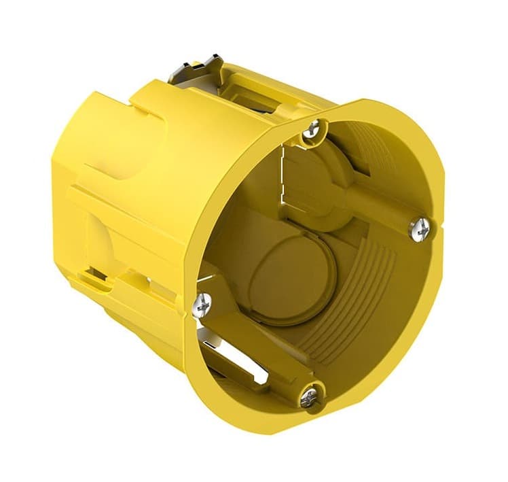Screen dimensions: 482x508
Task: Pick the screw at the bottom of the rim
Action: tap(310, 396)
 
